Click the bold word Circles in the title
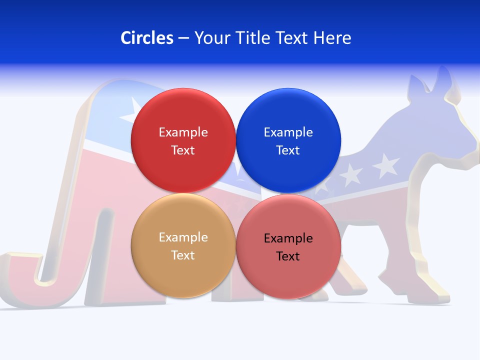coord(146,38)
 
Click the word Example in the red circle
coord(183,132)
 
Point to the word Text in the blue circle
coord(288,150)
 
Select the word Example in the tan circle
coord(183,237)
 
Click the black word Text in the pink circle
coord(288,256)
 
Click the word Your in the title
coord(210,38)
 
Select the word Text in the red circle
coord(183,150)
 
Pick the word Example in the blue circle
coord(288,132)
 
